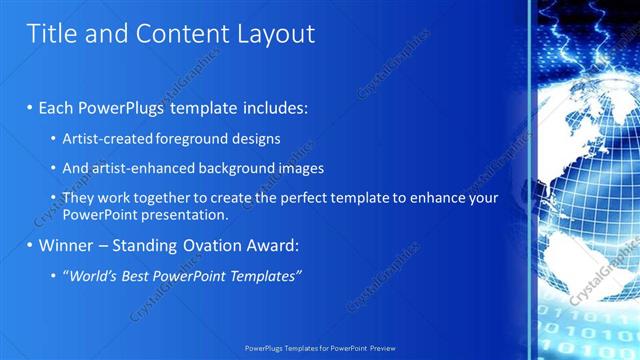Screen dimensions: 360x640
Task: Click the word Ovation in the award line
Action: click(200, 245)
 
